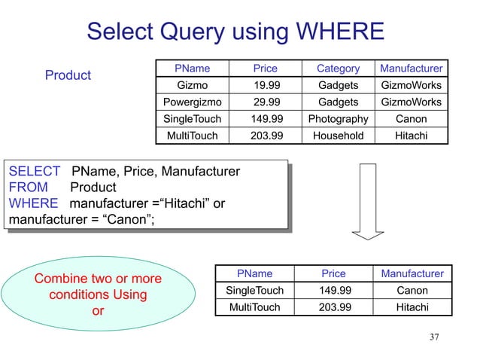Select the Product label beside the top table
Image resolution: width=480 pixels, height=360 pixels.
tap(68, 75)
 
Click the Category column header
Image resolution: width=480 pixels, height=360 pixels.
tap(338, 69)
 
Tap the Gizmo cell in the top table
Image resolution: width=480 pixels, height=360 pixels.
tap(192, 86)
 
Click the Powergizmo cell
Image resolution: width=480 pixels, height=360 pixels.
tap(192, 102)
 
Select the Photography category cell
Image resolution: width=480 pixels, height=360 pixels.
tap(338, 119)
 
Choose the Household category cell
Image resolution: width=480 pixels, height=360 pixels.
tap(338, 136)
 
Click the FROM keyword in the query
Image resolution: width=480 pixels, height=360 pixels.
tap(28, 188)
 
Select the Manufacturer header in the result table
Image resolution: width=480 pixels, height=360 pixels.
tap(412, 273)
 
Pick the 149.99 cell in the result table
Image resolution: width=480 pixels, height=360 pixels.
tap(333, 290)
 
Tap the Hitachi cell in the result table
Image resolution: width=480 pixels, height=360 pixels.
tap(412, 307)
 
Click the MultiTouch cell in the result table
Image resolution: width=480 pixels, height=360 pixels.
tap(254, 307)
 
